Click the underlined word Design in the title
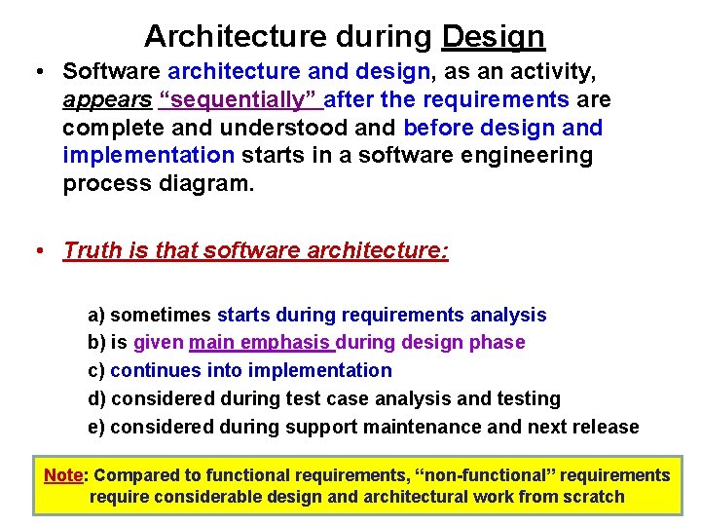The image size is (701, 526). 493,36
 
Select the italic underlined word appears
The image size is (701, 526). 107,99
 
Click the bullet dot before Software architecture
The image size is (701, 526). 35,71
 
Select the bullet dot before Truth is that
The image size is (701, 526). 35,250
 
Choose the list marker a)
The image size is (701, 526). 96,315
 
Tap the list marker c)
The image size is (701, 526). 96,370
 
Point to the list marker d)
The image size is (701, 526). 96,398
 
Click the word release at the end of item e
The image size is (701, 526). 607,427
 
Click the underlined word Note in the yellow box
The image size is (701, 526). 63,475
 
